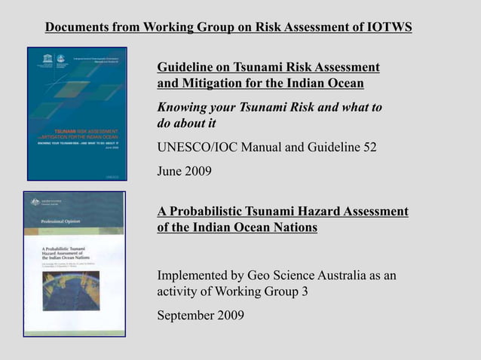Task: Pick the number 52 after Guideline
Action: tap(369, 147)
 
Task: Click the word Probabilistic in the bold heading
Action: tap(208, 211)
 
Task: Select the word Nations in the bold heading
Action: tap(295, 227)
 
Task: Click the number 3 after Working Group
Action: tap(305, 292)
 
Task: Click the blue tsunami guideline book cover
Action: tap(77, 113)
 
